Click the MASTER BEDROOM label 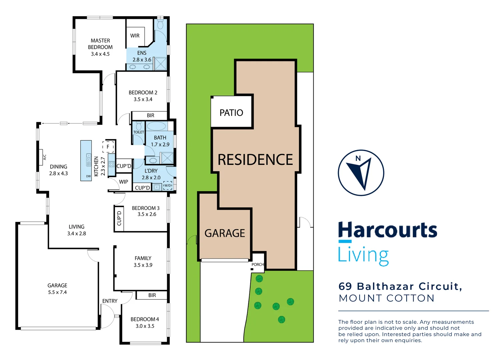click(x=100, y=44)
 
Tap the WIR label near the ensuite click(x=135, y=36)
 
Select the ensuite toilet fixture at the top click(x=160, y=24)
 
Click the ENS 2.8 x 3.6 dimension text click(x=142, y=60)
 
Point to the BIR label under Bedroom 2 click(x=150, y=115)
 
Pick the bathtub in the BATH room click(x=156, y=126)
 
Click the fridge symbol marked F click(x=108, y=147)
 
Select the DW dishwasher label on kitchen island click(x=88, y=176)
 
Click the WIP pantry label click(x=123, y=182)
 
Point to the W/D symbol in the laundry click(x=168, y=186)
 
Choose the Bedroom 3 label click(x=146, y=208)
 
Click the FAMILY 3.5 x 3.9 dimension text click(x=143, y=265)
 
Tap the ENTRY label click(x=110, y=301)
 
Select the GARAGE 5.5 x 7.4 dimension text click(x=57, y=292)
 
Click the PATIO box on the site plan click(x=231, y=113)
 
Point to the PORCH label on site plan click(x=258, y=265)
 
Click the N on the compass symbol click(x=358, y=158)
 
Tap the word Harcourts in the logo click(x=388, y=230)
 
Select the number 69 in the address click(x=345, y=286)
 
